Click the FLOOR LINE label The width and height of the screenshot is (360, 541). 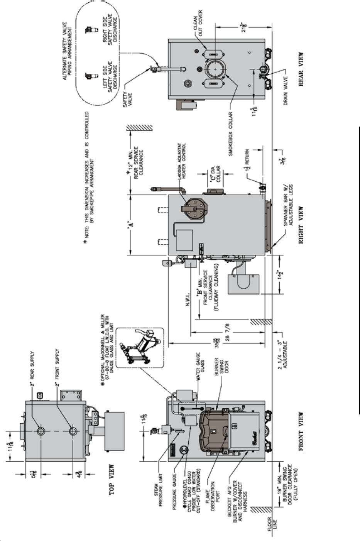point(272,524)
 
